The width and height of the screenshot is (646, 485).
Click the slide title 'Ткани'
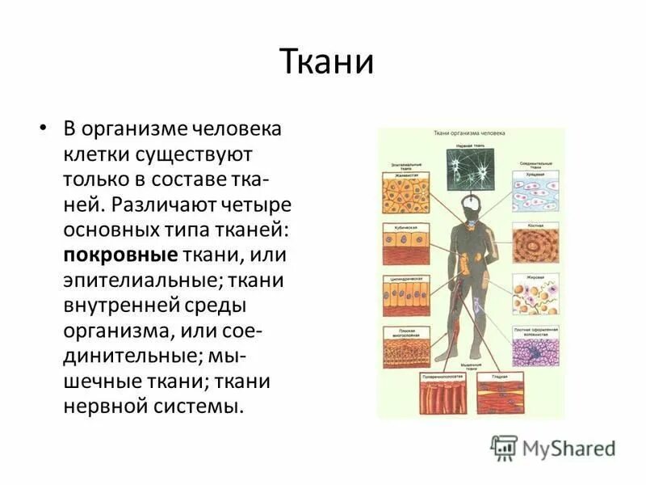coord(326,61)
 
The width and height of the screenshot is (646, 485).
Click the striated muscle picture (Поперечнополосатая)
coord(443,397)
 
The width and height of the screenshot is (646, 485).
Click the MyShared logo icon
coord(505,447)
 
